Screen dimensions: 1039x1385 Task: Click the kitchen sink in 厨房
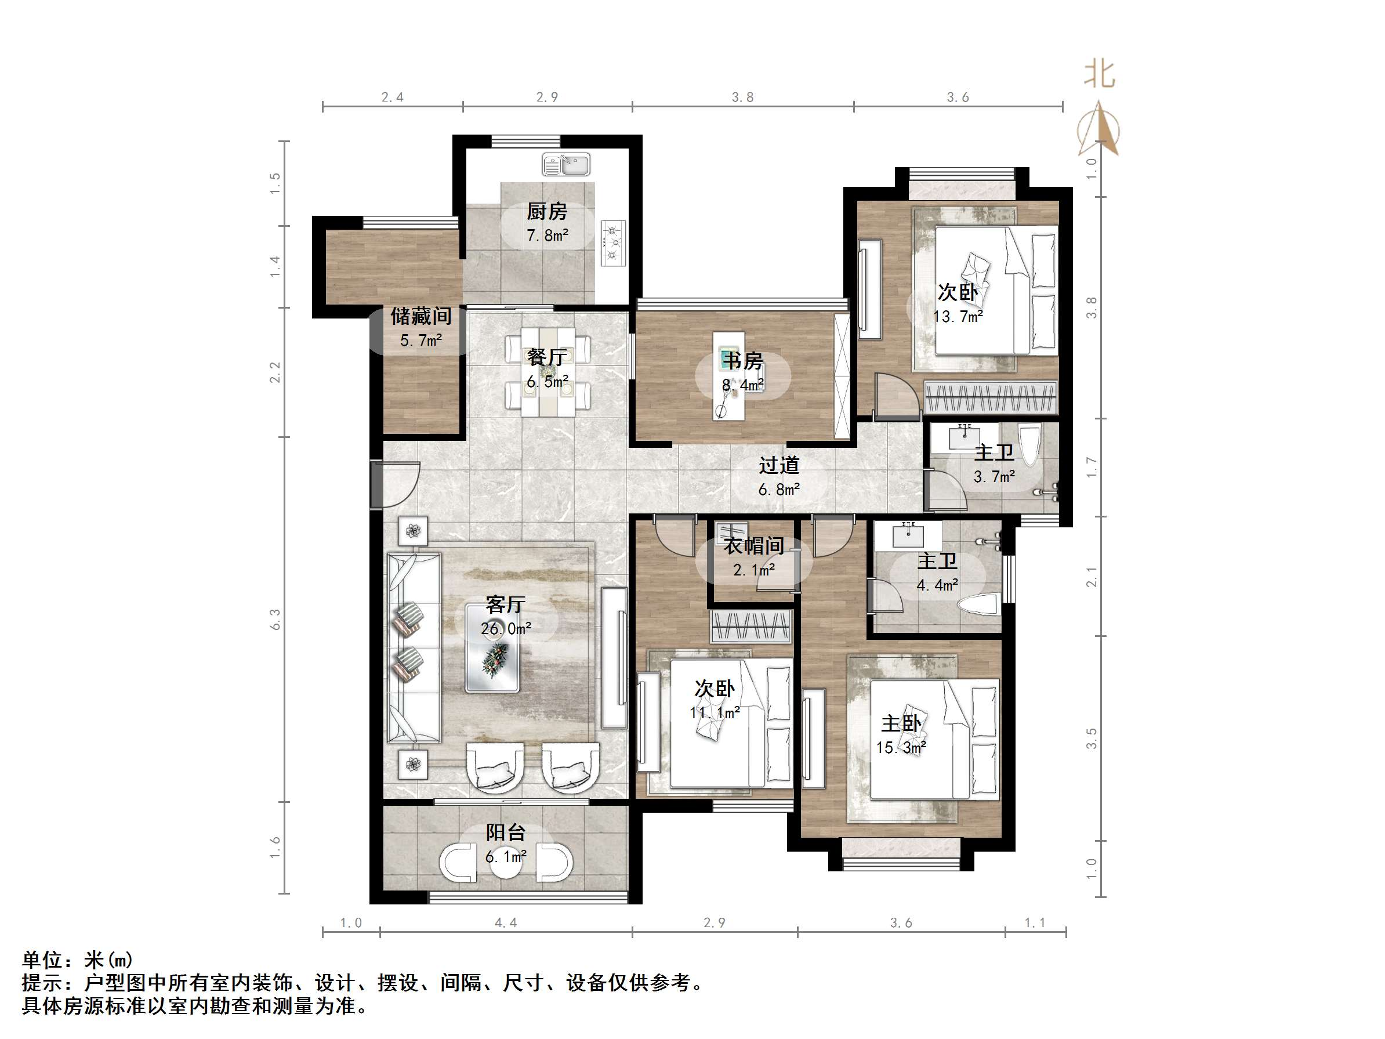click(x=566, y=165)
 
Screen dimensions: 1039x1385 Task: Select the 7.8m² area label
click(x=548, y=236)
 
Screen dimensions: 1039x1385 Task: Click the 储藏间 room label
click(x=420, y=316)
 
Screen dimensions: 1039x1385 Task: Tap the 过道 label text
click(x=779, y=465)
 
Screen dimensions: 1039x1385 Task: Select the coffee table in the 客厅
click(x=492, y=647)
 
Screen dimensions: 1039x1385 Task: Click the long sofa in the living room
click(x=414, y=647)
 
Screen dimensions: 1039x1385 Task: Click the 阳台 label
click(x=505, y=832)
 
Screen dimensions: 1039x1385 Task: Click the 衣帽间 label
click(x=754, y=545)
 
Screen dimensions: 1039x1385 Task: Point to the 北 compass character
click(x=1100, y=74)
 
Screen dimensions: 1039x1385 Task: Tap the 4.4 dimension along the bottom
click(x=505, y=922)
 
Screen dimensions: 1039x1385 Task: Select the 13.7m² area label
click(x=958, y=317)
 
